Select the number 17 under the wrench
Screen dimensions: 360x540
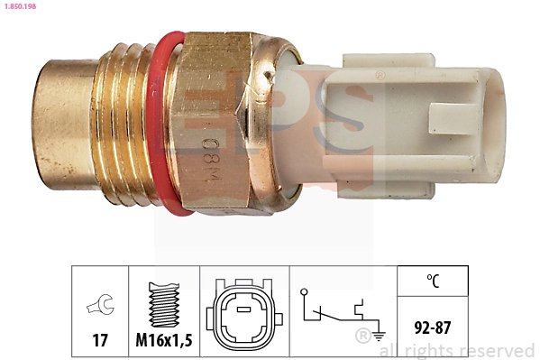click(100, 341)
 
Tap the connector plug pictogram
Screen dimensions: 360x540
click(243, 317)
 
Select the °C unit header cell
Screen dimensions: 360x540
click(433, 282)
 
